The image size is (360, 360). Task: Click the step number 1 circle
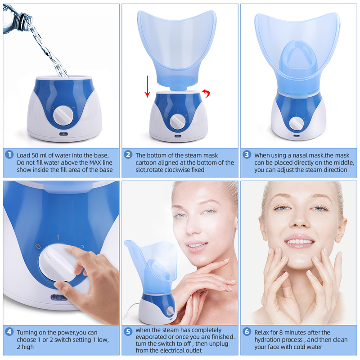tap(9, 155)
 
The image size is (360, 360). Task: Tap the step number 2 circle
tap(128, 155)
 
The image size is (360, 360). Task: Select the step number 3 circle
tap(247, 155)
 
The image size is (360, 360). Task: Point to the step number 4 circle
tap(9, 332)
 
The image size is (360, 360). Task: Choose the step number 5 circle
tap(128, 332)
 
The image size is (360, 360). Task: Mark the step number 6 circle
tap(247, 332)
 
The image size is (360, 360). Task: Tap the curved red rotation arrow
tap(207, 92)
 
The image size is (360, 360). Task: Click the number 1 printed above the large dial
tap(58, 237)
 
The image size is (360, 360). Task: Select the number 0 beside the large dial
tap(38, 247)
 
